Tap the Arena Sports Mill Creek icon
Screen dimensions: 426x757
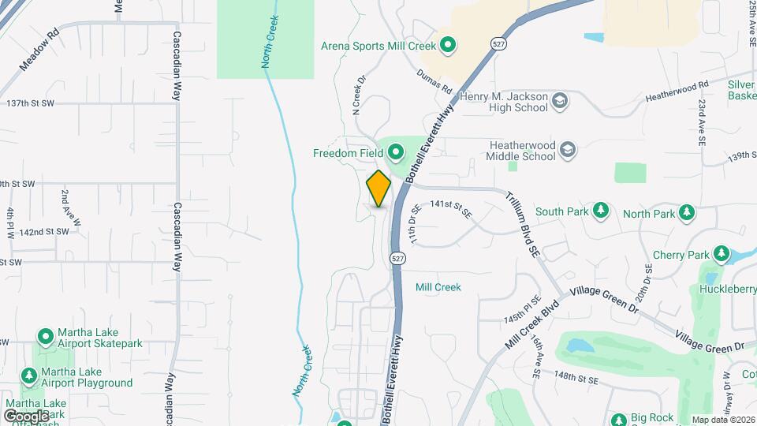point(448,46)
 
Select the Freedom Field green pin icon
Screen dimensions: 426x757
point(394,150)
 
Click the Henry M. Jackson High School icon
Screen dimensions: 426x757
point(560,101)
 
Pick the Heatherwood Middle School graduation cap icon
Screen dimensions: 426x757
point(568,150)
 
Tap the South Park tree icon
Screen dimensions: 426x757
point(602,211)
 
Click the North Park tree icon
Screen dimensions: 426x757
point(688,213)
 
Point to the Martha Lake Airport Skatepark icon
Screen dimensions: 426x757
point(45,337)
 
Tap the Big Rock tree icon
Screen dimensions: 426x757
point(619,418)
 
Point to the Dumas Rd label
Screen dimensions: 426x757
point(435,78)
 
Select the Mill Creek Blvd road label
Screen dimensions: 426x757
point(532,325)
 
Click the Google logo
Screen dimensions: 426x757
point(25,416)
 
